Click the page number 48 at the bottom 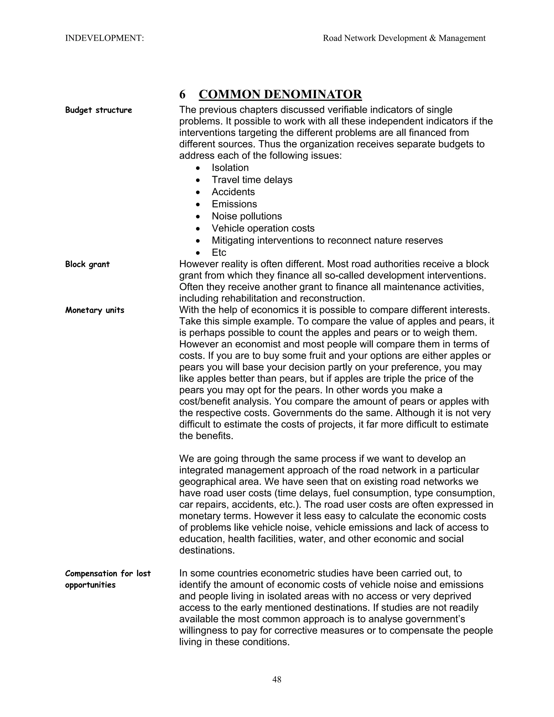pos(277,679)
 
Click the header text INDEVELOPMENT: pos(104,38)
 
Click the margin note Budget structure pos(98,110)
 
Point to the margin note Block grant pos(87,264)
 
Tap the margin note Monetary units pos(94,310)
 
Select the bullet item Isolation pos(230,168)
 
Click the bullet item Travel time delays pos(252,180)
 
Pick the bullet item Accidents pos(233,192)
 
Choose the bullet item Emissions pos(234,204)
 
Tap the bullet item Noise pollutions pos(246,216)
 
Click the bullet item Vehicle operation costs pos(263,229)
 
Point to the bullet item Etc pos(219,252)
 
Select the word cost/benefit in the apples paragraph pos(204,402)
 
